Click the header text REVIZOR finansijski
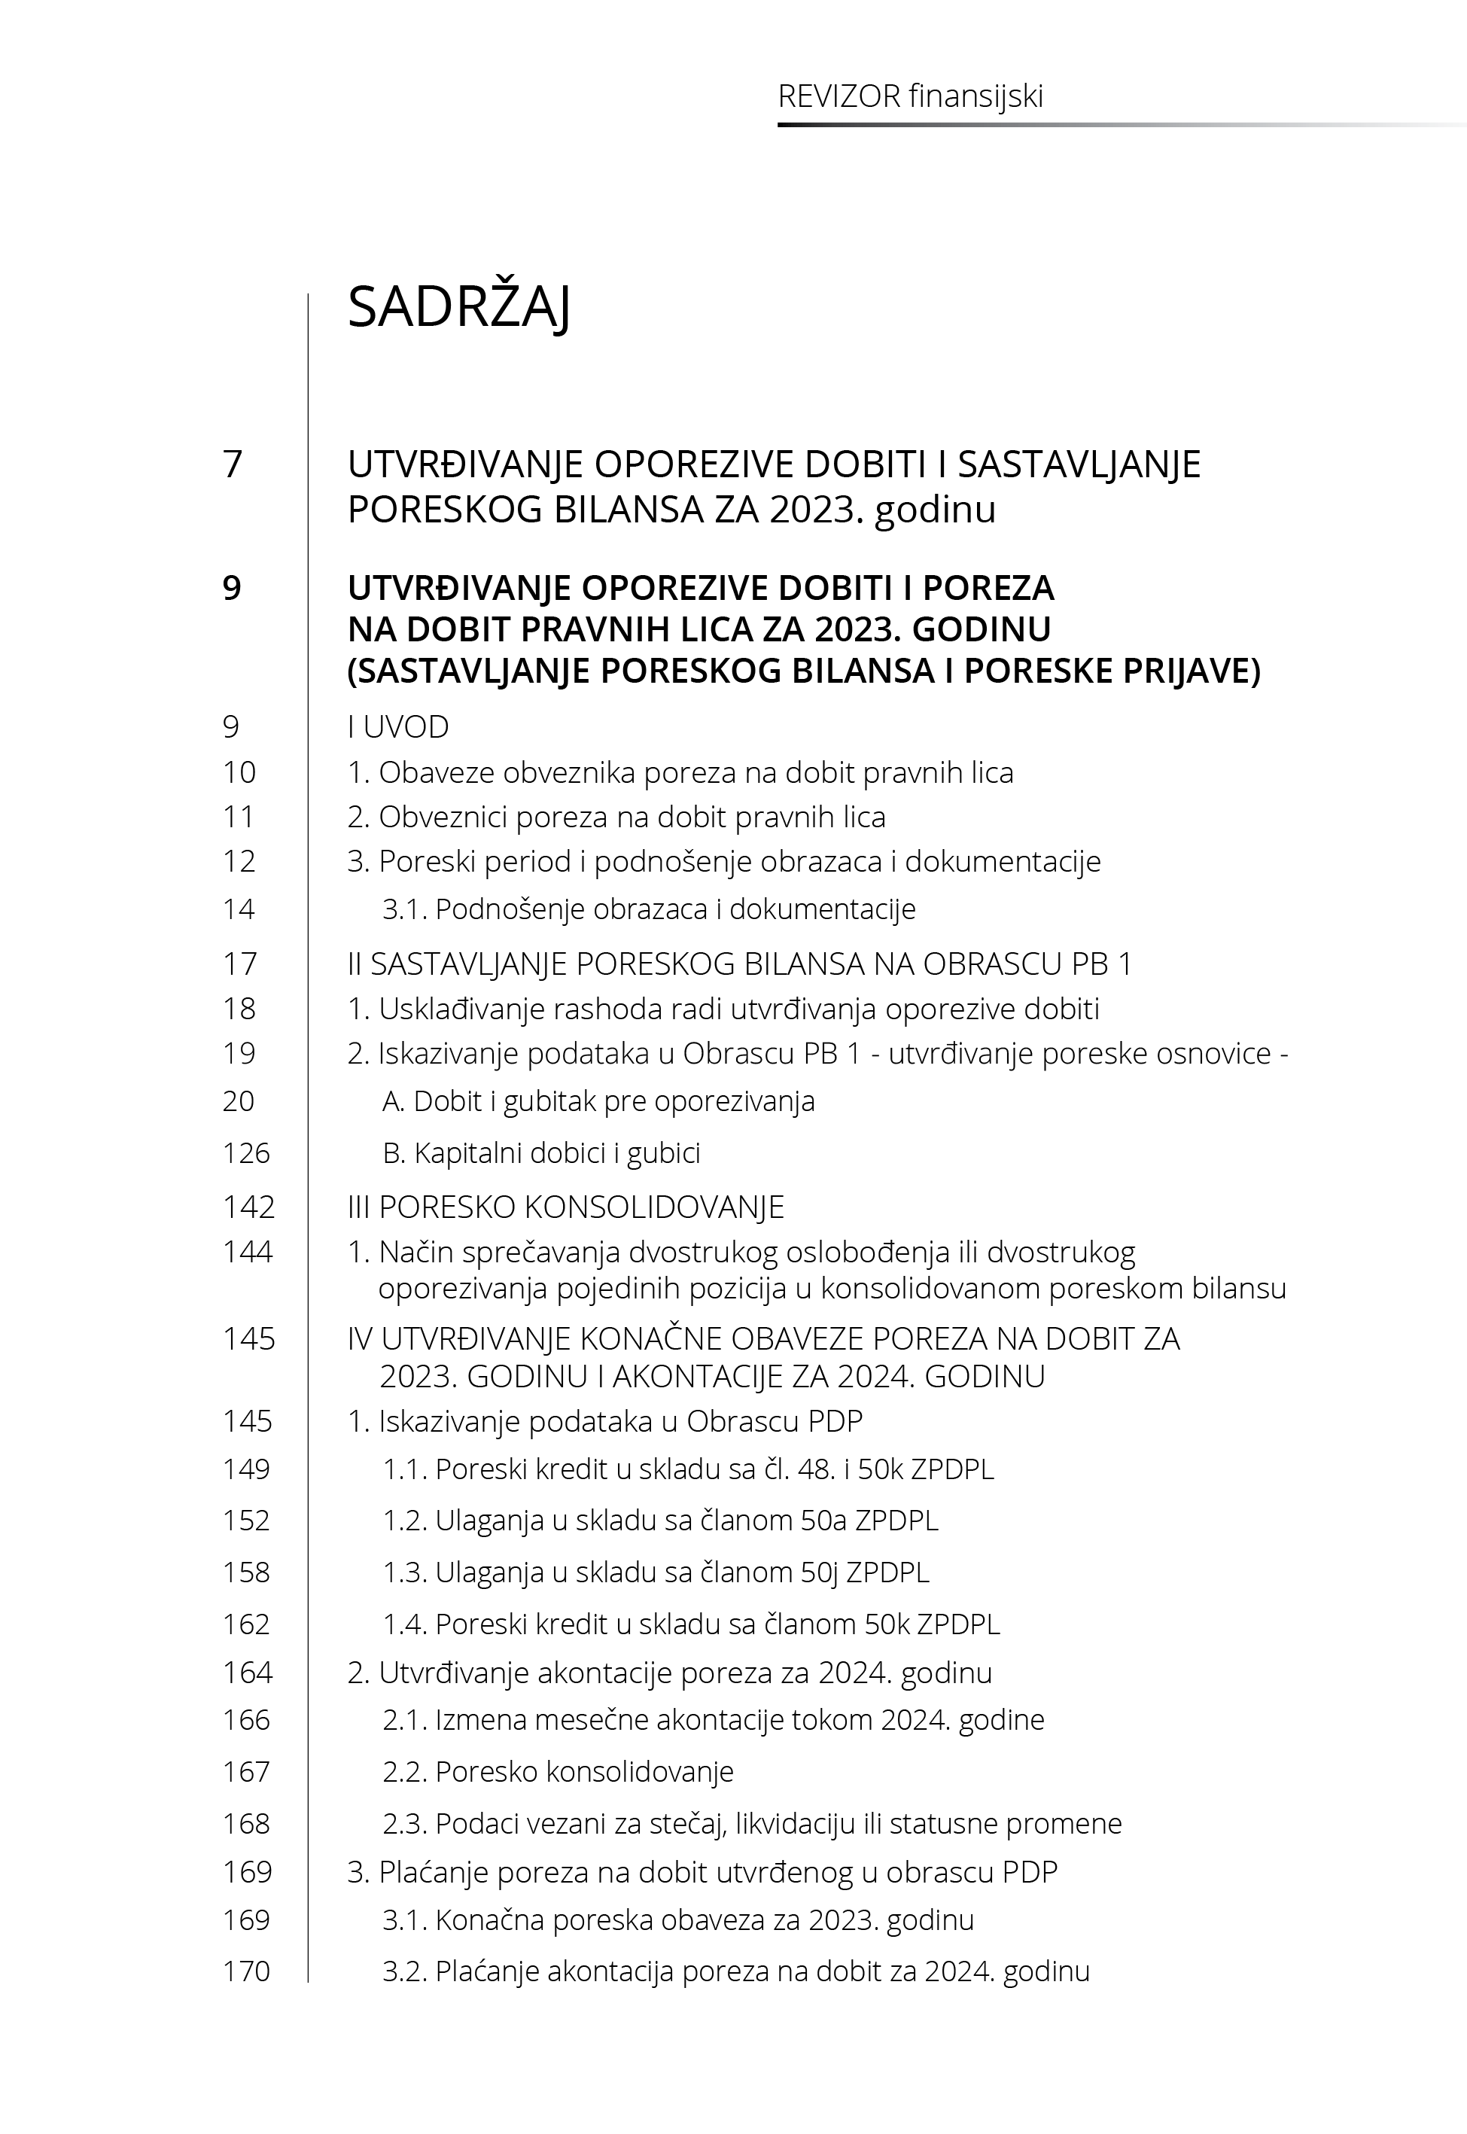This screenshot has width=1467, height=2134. click(x=910, y=96)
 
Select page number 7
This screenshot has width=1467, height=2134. click(x=233, y=464)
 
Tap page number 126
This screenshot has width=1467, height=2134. click(x=246, y=1153)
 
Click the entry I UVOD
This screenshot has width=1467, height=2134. click(x=398, y=727)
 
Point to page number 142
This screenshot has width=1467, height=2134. click(x=248, y=1207)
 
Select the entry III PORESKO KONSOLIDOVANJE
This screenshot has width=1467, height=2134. click(x=565, y=1207)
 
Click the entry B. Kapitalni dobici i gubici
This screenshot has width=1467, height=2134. click(x=541, y=1153)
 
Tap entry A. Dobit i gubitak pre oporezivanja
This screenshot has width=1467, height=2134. click(x=598, y=1101)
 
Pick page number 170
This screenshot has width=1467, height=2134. click(x=246, y=1971)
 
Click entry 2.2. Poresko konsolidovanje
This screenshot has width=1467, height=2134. click(x=558, y=1772)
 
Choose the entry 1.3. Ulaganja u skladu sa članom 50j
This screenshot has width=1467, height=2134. click(x=656, y=1572)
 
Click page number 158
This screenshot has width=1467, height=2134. click(x=246, y=1572)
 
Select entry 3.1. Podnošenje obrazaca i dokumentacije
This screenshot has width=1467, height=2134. click(x=649, y=909)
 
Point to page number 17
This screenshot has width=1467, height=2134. click(x=240, y=964)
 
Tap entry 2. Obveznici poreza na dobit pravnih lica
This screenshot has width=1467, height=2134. click(x=616, y=817)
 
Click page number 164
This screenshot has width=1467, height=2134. click(x=247, y=1673)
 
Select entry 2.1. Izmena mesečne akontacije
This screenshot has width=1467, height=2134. click(x=714, y=1719)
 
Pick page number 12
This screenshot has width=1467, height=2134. click(x=239, y=862)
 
